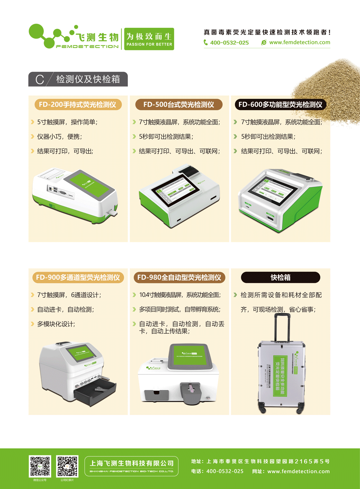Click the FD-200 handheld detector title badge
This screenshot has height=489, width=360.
[78, 105]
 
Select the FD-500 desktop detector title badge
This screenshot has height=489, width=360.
[179, 105]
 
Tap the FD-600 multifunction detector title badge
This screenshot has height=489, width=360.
[280, 105]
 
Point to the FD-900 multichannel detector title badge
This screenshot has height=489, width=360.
[78, 277]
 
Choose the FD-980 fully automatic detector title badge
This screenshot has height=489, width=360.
[179, 277]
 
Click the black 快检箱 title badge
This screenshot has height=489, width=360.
[280, 277]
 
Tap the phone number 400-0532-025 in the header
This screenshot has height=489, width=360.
[229, 43]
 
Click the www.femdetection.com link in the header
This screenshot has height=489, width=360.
[299, 43]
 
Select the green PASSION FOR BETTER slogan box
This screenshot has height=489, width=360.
[149, 39]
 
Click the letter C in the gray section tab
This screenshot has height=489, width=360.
[40, 80]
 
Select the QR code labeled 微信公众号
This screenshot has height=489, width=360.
[40, 466]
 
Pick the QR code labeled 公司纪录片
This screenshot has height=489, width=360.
[67, 466]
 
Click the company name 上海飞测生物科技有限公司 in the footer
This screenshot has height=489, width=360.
[131, 464]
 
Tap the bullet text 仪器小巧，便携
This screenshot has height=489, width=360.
[59, 137]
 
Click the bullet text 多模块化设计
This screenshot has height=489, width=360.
[56, 324]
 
